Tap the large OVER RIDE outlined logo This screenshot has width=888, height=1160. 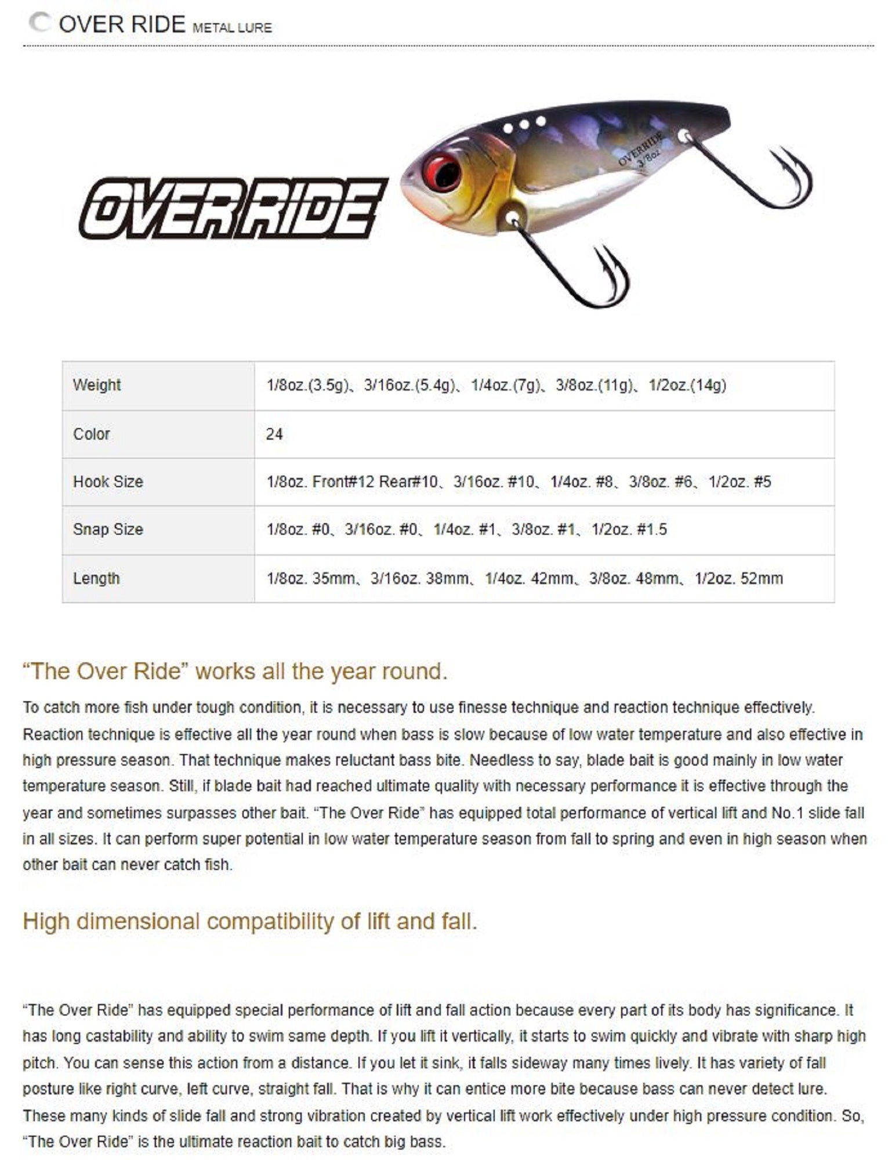[233, 209]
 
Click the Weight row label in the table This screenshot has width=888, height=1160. [97, 385]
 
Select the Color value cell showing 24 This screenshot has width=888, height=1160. [274, 434]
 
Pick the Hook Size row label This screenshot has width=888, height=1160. [108, 482]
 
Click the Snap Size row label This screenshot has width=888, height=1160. [108, 530]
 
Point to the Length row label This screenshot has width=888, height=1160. [96, 578]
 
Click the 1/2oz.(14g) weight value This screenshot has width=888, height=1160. [687, 385]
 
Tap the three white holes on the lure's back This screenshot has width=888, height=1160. [524, 124]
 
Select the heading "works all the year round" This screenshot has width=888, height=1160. [235, 671]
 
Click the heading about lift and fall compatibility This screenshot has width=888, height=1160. [250, 922]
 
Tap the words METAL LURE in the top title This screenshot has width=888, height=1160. [232, 27]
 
